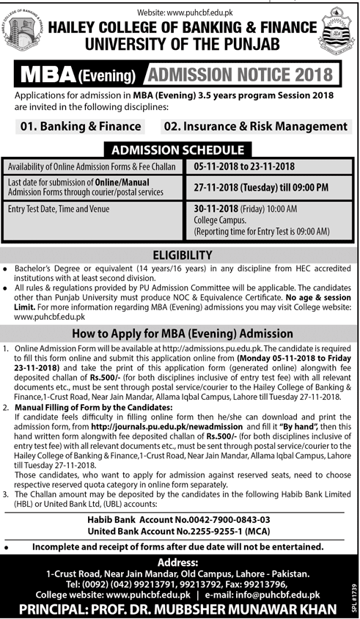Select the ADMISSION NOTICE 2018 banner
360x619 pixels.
[243, 74]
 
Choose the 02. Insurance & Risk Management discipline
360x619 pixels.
[255, 126]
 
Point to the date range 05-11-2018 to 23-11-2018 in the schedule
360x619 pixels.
[243, 166]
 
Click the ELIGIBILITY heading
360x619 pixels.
[179, 254]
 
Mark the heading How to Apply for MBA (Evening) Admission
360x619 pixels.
[180, 333]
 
